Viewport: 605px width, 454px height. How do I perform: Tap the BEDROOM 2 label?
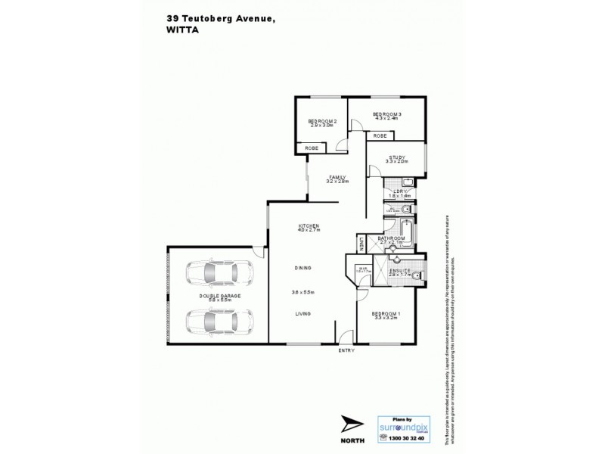pos(321,123)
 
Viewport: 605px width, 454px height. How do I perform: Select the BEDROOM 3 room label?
pos(386,116)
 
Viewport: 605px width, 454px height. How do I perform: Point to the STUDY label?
pos(396,159)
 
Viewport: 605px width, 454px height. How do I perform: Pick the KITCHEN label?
pos(308,227)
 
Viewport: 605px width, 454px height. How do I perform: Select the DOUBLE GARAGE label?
pos(220,296)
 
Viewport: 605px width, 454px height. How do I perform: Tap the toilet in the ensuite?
pos(417,275)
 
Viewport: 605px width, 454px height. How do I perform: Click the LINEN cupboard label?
pos(362,244)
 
